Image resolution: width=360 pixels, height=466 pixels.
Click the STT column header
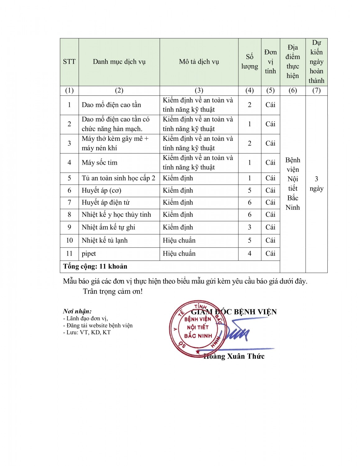(x=69, y=62)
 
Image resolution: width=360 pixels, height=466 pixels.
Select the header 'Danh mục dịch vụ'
(x=119, y=62)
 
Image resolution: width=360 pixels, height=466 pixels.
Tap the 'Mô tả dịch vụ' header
(x=199, y=62)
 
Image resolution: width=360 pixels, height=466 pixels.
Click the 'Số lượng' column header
(x=249, y=62)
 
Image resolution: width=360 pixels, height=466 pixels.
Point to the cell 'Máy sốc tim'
(x=100, y=162)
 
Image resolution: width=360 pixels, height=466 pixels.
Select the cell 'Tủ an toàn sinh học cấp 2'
(x=118, y=178)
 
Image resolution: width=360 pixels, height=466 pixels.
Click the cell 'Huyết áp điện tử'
(x=106, y=203)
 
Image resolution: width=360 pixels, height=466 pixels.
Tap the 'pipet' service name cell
(x=89, y=254)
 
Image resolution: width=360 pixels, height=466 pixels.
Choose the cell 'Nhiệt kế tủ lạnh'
(x=105, y=240)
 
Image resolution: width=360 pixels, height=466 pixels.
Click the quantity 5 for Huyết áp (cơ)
(x=249, y=190)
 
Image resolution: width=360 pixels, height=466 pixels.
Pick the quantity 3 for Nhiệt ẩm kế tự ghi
(x=249, y=227)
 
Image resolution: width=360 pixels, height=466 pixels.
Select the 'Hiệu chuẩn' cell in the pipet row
(x=179, y=254)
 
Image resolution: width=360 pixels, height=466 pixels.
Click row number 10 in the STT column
(x=69, y=240)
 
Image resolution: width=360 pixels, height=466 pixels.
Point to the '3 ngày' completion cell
(x=316, y=184)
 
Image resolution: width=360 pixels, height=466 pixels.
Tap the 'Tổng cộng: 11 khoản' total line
(x=95, y=267)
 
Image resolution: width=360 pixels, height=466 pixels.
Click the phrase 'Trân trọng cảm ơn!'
(x=113, y=291)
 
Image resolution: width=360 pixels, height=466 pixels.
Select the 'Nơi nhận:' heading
(x=77, y=311)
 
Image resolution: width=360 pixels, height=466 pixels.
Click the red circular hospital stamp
(x=197, y=328)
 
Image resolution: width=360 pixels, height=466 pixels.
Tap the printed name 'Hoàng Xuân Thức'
(x=235, y=356)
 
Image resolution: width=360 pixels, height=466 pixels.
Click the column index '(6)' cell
(x=293, y=90)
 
